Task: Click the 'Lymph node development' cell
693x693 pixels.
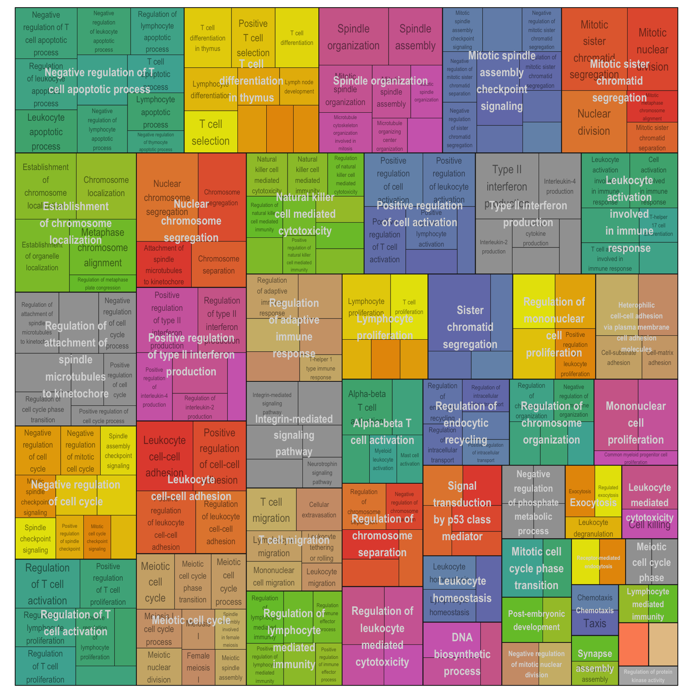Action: [299, 87]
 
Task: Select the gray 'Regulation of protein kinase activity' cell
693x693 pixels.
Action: [648, 676]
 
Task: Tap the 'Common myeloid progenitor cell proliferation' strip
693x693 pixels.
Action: [636, 458]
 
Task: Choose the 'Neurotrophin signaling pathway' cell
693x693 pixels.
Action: [322, 473]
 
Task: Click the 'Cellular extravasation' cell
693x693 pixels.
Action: [319, 510]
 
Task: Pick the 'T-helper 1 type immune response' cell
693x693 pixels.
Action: [320, 368]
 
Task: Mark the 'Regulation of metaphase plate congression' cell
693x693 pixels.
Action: [103, 284]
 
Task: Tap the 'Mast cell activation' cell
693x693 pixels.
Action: [409, 460]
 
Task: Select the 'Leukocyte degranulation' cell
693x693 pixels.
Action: [593, 528]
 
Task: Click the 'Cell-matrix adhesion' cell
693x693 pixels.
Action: [659, 358]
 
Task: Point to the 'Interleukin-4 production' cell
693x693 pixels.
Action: [559, 186]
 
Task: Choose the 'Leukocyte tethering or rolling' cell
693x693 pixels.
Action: [321, 547]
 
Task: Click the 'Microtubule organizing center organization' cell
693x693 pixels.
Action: [389, 136]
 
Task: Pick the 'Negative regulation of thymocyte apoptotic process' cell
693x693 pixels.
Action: [156, 142]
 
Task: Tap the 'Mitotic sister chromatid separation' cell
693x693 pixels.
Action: [652, 138]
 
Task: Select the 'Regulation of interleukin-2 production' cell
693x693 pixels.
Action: [200, 407]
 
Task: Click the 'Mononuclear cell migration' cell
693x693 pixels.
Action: [274, 576]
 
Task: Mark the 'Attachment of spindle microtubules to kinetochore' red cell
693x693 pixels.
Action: [164, 265]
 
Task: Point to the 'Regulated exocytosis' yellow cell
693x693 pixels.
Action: [608, 490]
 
